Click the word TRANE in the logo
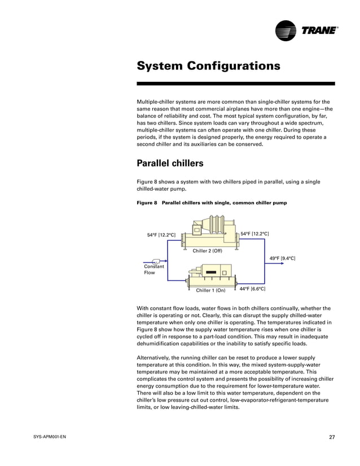318,30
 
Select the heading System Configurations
208,66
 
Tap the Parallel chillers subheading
170,164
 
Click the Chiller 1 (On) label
210,291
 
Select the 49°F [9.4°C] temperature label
282,258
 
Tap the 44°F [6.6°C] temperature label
252,289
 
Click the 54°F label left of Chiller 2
161,235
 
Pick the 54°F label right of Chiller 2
254,234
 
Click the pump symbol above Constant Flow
156,261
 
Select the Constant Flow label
153,270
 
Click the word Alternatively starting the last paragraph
156,357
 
